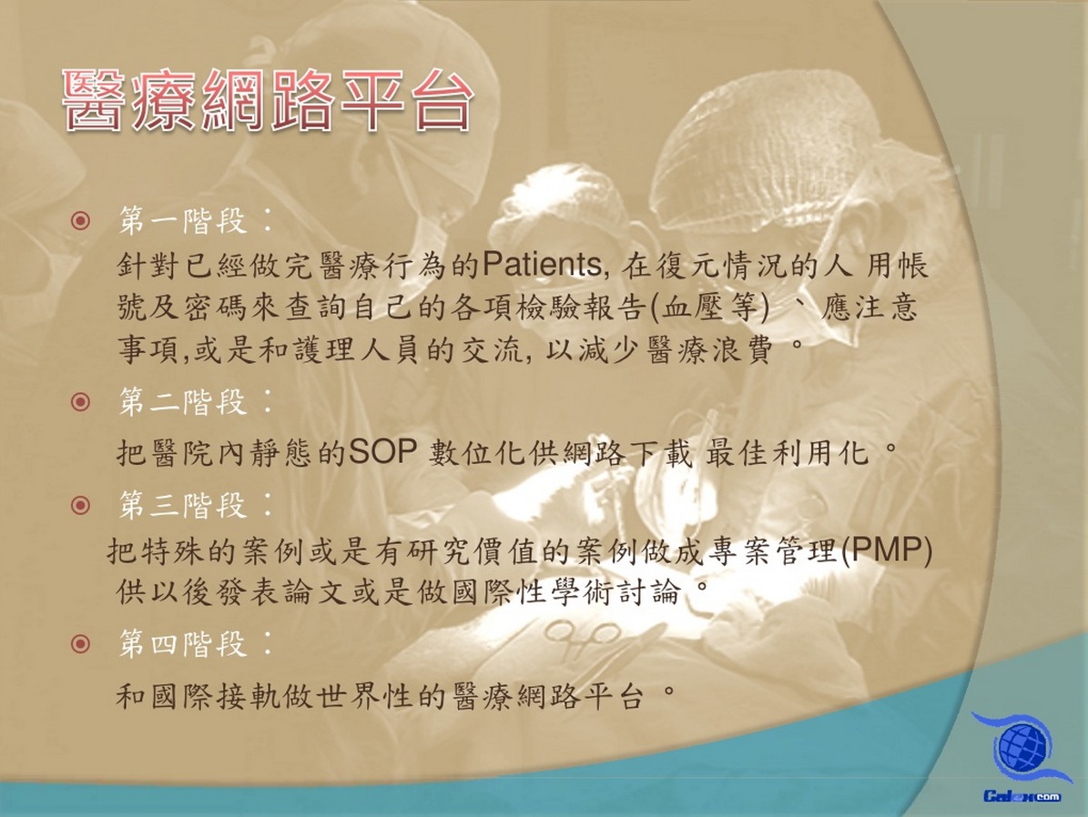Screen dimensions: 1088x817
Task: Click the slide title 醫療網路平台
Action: (x=268, y=101)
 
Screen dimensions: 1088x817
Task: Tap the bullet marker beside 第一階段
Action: (x=80, y=221)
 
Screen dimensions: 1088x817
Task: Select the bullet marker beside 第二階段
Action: (x=80, y=402)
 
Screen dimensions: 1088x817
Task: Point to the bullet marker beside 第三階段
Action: (x=80, y=505)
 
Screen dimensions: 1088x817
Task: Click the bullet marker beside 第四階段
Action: (x=80, y=643)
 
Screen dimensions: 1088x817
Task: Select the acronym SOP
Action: (x=382, y=452)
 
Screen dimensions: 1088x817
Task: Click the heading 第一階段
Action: (x=183, y=221)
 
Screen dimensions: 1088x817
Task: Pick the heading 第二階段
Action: (x=183, y=402)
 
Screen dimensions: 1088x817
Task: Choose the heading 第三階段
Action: (x=183, y=505)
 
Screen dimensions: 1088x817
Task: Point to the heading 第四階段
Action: (x=183, y=643)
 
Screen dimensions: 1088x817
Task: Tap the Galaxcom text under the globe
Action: (x=1022, y=795)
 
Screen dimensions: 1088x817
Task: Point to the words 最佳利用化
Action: (x=788, y=453)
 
